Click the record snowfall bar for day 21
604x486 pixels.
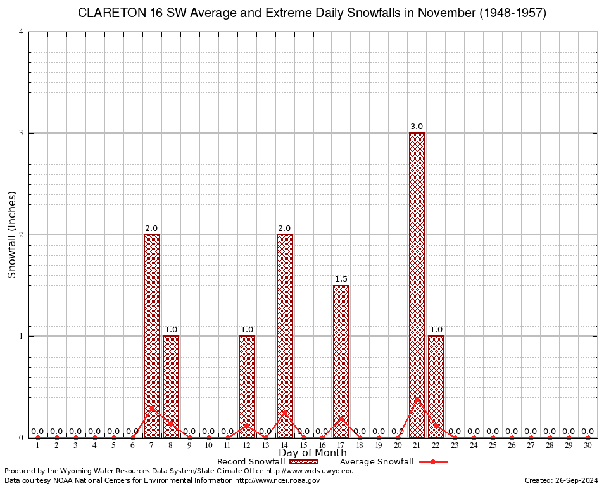coord(417,285)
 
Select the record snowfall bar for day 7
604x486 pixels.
coord(152,335)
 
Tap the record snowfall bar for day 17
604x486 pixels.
coord(341,361)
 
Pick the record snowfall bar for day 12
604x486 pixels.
coord(247,386)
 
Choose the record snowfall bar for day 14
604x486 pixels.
coord(285,335)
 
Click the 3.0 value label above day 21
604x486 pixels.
coord(417,127)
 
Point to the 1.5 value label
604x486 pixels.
coord(341,279)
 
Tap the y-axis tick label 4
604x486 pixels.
coord(22,32)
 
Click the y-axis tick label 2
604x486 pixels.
coord(22,235)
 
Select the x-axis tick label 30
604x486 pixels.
coord(588,445)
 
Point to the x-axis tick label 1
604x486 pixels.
coord(38,445)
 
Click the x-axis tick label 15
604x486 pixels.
coord(303,445)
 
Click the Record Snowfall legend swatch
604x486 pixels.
coord(308,462)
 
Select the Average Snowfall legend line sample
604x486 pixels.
coord(433,462)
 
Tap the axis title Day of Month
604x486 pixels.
coord(313,453)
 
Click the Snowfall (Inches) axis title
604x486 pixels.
coord(11,235)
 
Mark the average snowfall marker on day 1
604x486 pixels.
coord(38,437)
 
